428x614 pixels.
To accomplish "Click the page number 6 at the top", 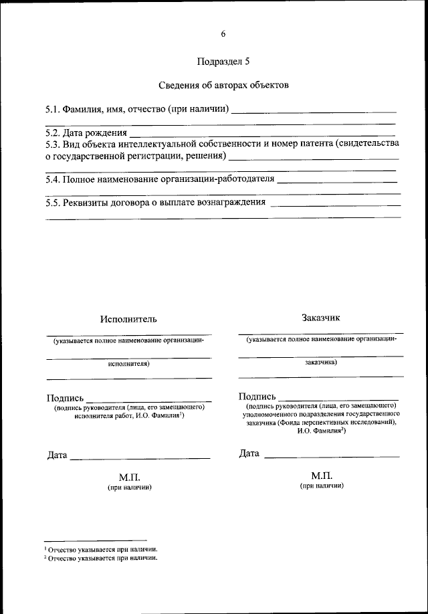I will [223, 34].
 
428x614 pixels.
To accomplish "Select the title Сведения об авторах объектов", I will [223, 86].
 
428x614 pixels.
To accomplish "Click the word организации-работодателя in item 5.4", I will [217, 180].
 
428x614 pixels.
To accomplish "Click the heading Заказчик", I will [321, 318].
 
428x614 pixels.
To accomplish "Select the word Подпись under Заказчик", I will [257, 397].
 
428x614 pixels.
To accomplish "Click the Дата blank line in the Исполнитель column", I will [140, 457].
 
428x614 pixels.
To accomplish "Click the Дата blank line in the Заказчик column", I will [332, 455].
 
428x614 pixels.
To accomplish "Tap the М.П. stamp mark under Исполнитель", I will [129, 477].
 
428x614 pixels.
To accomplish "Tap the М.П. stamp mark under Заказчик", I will [322, 475].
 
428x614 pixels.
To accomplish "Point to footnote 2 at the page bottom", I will [100, 556].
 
